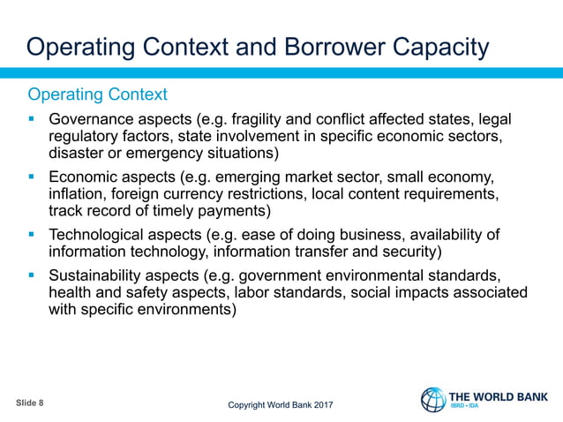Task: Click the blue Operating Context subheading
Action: [x=97, y=94]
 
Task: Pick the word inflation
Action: [x=76, y=193]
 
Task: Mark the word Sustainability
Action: [x=98, y=275]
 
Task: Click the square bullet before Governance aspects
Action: [x=32, y=119]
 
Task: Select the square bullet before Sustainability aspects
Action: [x=32, y=275]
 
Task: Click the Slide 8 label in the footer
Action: [x=30, y=403]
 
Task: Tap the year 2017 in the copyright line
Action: [x=322, y=405]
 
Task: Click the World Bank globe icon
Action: [x=433, y=399]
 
